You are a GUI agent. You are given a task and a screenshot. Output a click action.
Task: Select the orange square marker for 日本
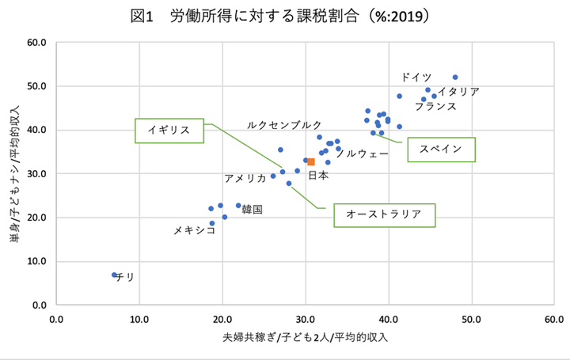click(x=311, y=161)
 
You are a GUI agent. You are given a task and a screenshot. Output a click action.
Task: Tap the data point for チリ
click(x=114, y=275)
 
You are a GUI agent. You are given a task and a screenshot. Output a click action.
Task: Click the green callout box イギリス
click(x=169, y=131)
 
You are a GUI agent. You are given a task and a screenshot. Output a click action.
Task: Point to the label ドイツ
click(x=416, y=77)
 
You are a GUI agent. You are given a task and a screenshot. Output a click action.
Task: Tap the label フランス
click(x=435, y=105)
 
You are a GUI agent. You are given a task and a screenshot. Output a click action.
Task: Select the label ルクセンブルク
click(x=284, y=125)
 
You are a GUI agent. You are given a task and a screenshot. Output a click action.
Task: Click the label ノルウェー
click(x=362, y=153)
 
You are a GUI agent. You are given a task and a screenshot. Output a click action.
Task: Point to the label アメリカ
click(x=245, y=178)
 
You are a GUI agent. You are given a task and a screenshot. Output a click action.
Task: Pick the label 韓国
click(x=252, y=210)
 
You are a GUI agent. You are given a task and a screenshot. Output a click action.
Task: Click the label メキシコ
click(x=195, y=230)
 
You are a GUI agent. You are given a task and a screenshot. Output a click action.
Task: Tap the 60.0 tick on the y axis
click(x=37, y=42)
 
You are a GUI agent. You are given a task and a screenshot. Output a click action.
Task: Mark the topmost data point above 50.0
click(x=455, y=78)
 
